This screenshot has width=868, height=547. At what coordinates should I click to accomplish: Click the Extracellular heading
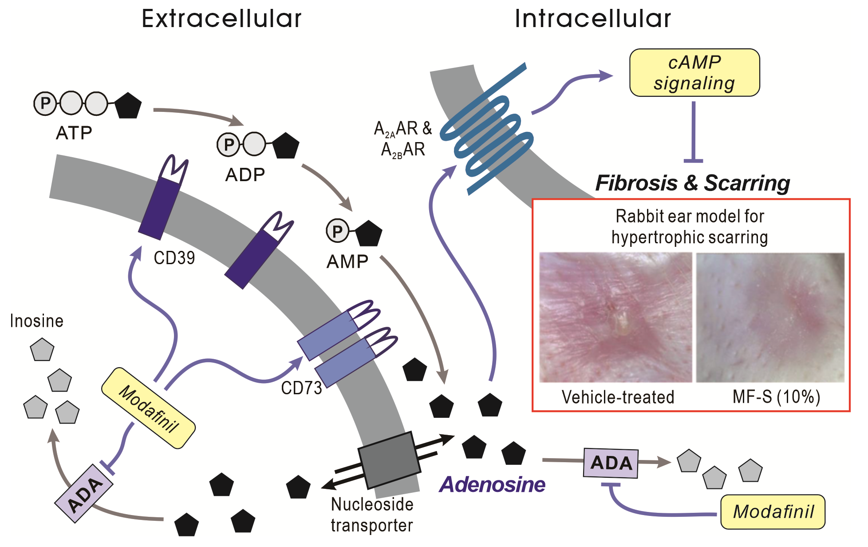pos(221,19)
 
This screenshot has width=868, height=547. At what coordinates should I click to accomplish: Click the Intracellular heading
pos(592,19)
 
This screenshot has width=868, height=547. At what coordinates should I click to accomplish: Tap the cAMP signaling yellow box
pos(694,73)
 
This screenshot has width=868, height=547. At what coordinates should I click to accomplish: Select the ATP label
pos(74,133)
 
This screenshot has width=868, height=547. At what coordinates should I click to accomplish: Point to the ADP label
pos(245,175)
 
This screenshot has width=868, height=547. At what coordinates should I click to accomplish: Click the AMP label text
pos(347,262)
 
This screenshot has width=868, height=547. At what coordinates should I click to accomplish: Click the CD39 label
pos(174,258)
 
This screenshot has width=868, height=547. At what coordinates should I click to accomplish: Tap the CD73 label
pos(301,388)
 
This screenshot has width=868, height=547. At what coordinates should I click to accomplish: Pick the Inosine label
pos(37,321)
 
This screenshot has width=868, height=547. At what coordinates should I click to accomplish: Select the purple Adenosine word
pos(492,484)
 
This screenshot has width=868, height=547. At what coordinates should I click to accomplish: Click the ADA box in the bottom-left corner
pos(84,494)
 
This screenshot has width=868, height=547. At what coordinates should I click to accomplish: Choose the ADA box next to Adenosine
pos(611,463)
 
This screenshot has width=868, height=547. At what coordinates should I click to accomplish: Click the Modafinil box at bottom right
pos(773,512)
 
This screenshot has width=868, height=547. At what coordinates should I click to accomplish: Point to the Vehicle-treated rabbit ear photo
pos(615,317)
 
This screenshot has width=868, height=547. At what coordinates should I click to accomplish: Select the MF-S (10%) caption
pos(776,396)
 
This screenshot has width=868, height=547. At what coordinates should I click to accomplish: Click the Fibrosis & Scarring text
pos(692,183)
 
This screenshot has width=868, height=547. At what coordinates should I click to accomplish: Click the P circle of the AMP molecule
pos(337,231)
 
